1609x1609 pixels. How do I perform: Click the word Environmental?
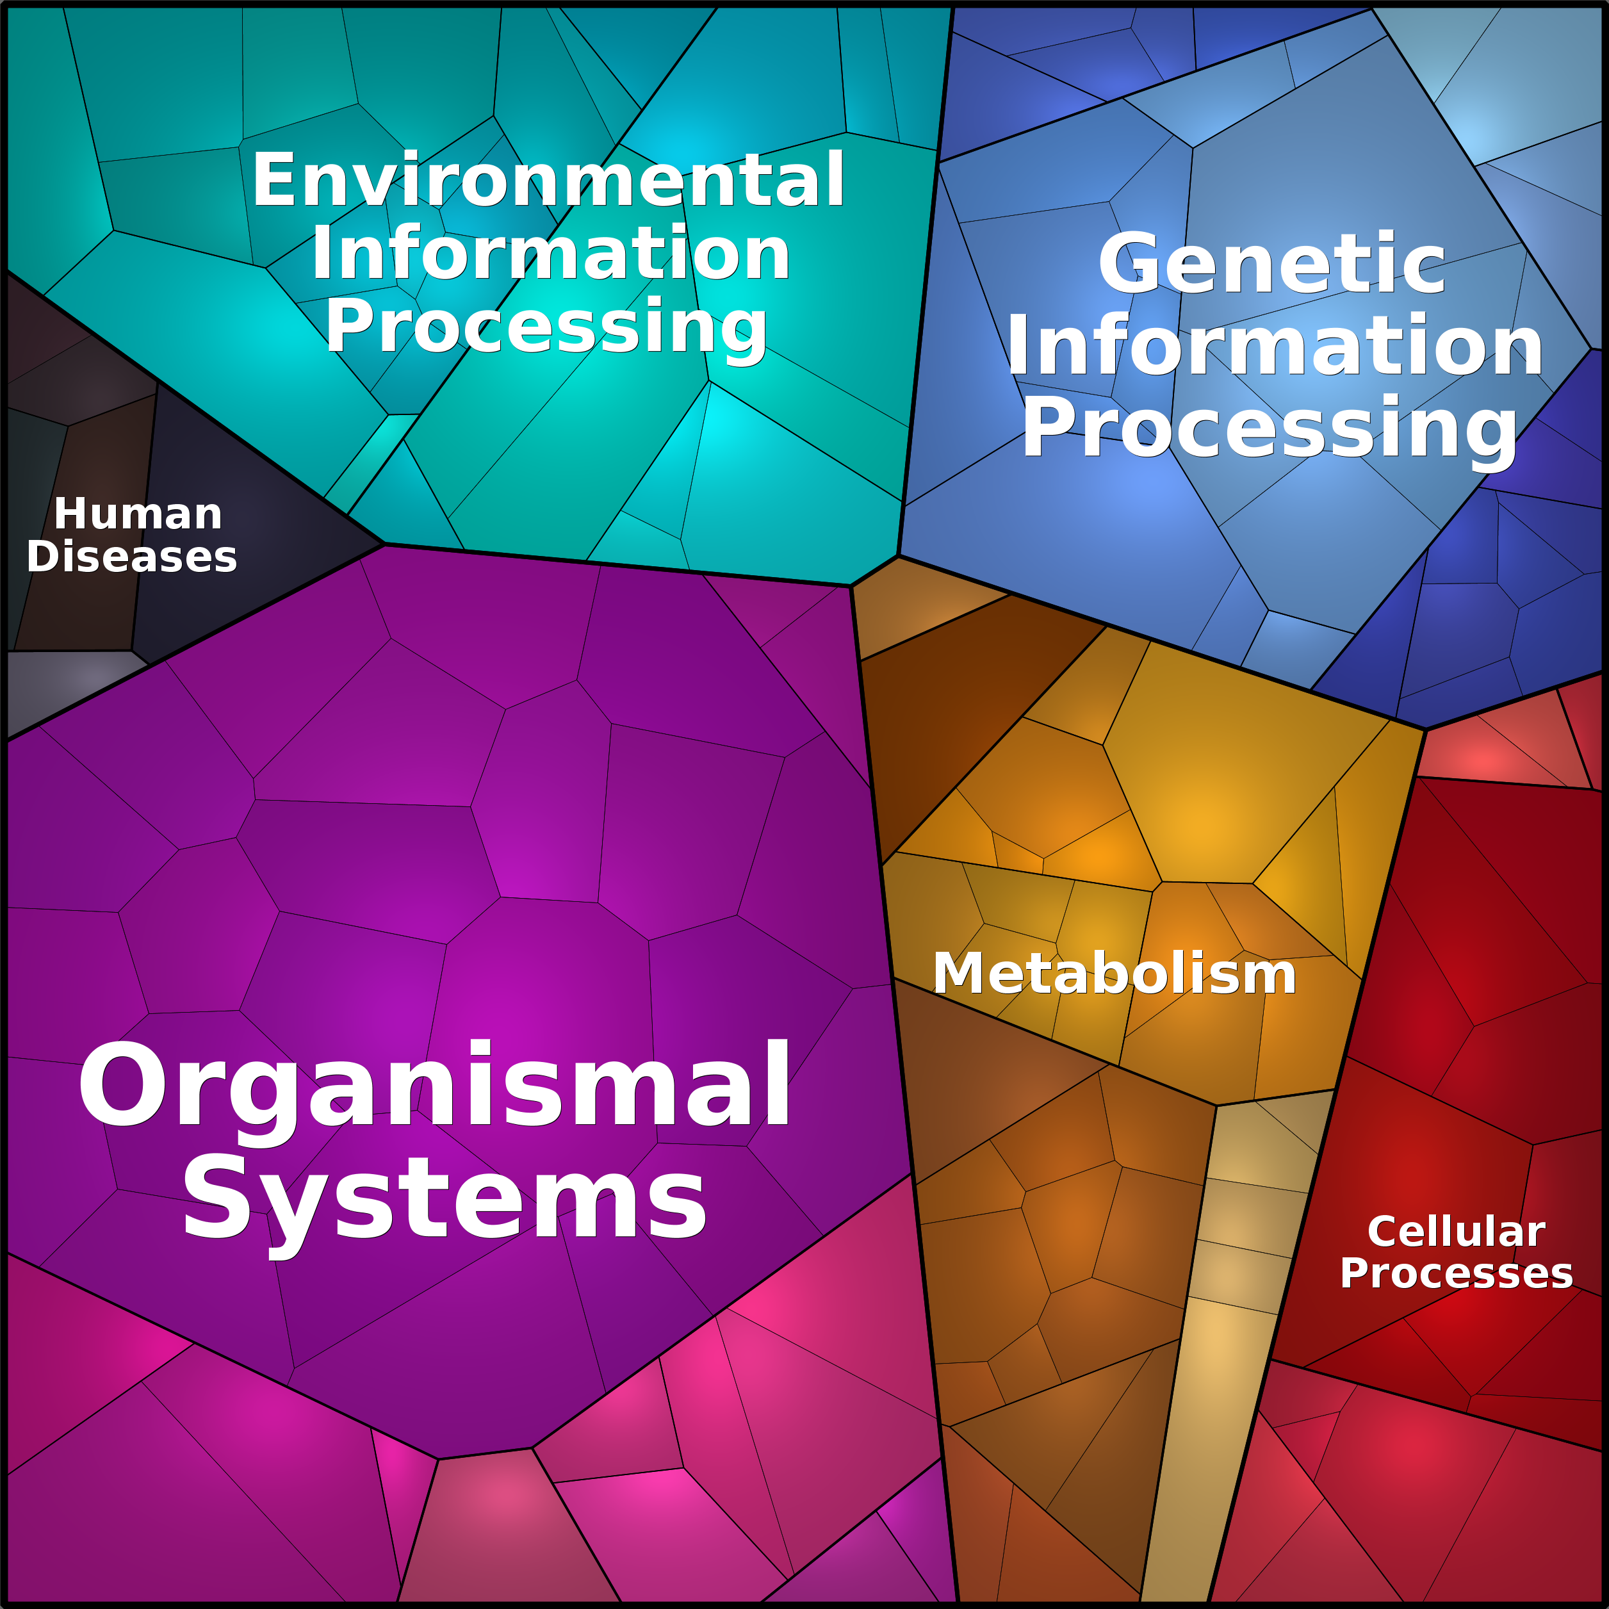[548, 180]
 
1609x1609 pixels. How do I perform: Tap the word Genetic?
[1271, 265]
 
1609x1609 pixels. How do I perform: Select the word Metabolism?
[1115, 974]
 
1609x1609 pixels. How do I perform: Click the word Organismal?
[435, 1088]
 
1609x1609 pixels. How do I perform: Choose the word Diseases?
[131, 557]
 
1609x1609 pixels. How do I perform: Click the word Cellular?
[1457, 1231]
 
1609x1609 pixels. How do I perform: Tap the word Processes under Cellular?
[1457, 1273]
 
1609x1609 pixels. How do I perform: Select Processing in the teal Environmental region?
[546, 327]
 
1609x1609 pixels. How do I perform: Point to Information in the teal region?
[550, 254]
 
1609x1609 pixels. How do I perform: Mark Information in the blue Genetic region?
[1274, 347]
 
